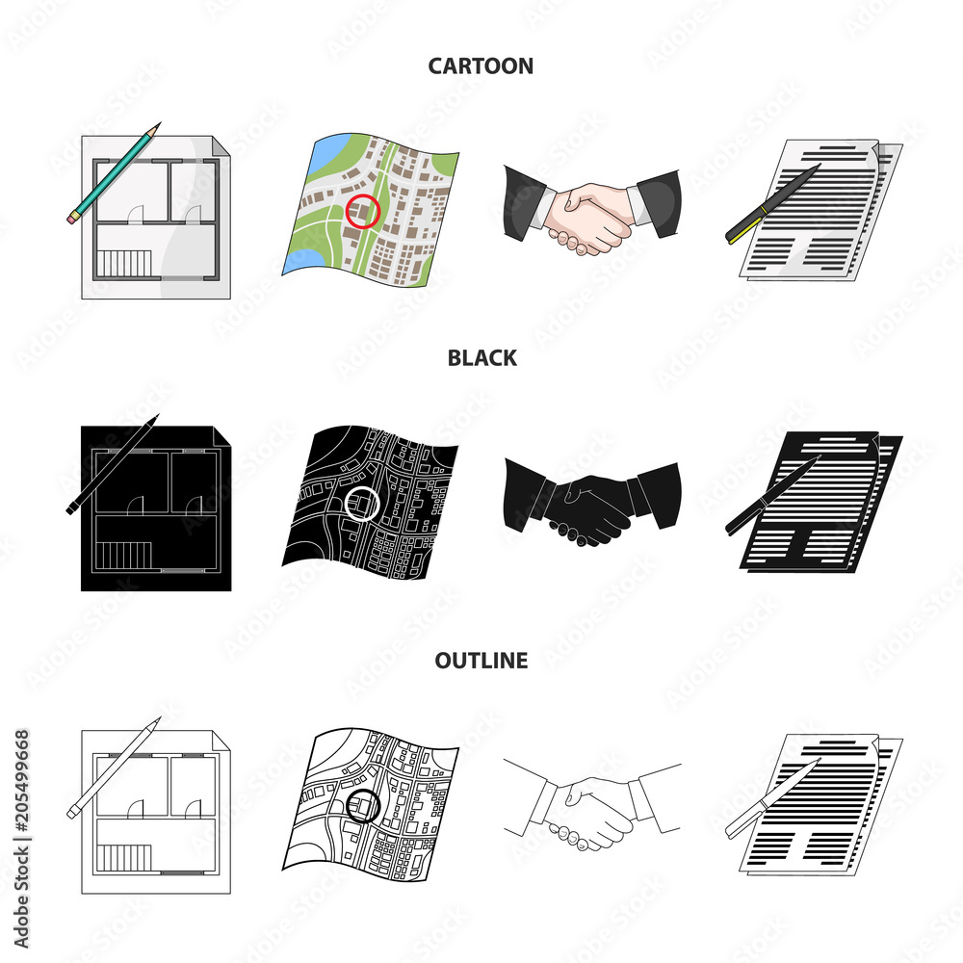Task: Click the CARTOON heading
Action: (481, 65)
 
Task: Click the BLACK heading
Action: (481, 358)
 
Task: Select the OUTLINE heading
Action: (481, 660)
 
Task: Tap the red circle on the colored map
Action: (362, 211)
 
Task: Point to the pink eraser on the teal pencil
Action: (71, 219)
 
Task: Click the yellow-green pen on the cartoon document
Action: (770, 205)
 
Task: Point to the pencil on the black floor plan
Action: (111, 464)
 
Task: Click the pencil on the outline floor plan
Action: (111, 768)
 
